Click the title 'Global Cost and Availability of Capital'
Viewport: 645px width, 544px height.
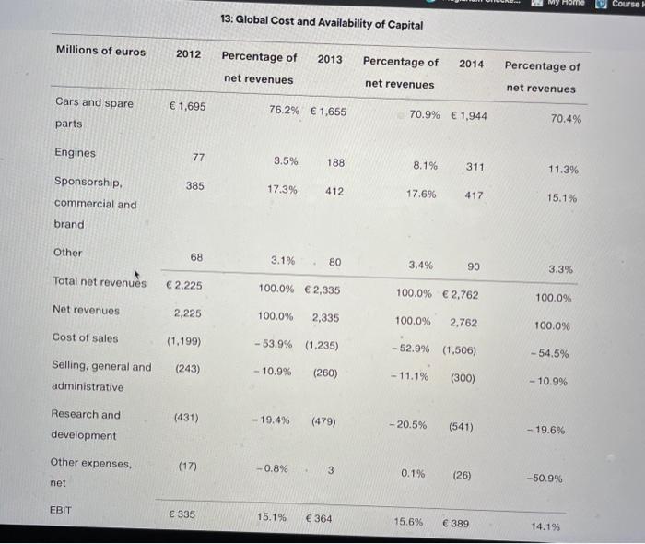click(x=322, y=24)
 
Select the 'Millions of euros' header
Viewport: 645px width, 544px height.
click(x=100, y=51)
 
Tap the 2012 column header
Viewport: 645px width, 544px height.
click(x=188, y=54)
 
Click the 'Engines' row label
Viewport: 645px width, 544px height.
click(x=76, y=153)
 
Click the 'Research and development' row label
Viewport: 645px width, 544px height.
click(x=86, y=424)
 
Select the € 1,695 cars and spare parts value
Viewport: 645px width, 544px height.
click(x=187, y=106)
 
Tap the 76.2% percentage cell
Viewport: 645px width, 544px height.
click(x=284, y=111)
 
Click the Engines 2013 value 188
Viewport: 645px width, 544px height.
click(x=335, y=161)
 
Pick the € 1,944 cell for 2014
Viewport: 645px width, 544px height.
click(x=469, y=115)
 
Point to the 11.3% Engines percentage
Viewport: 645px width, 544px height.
click(x=563, y=170)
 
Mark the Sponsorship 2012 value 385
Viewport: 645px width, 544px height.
click(x=195, y=185)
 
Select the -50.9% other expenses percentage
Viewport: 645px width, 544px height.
click(x=544, y=479)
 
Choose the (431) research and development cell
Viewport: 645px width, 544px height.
click(x=187, y=418)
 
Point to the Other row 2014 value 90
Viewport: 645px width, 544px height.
click(x=474, y=266)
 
